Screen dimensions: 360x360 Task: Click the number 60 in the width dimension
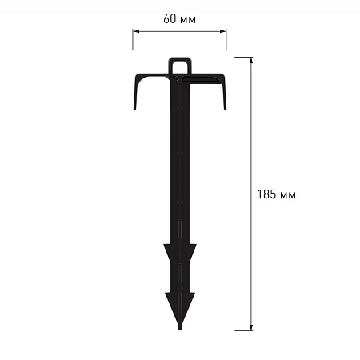[170, 18]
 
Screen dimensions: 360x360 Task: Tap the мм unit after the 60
[188, 20]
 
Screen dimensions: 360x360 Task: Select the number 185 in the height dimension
[266, 194]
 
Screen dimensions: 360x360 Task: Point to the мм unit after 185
[288, 195]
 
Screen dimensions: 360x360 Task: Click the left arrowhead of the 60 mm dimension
[136, 31]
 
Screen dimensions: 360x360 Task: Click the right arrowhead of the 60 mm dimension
[223, 31]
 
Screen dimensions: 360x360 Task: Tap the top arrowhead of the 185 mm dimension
[251, 61]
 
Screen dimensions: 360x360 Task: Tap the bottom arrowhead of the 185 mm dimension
[251, 327]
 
